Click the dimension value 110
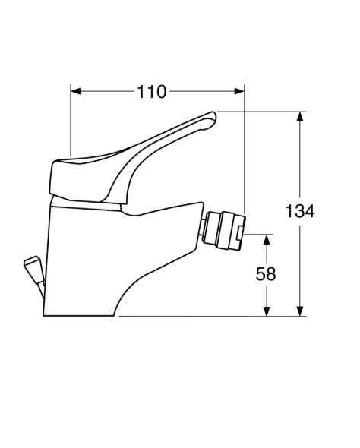(x=151, y=92)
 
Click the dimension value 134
(x=300, y=211)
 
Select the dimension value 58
(x=266, y=274)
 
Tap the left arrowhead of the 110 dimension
(x=75, y=91)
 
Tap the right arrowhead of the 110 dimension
(x=239, y=91)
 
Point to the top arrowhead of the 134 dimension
(x=300, y=116)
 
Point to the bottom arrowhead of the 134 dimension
(x=300, y=311)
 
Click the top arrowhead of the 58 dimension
(x=267, y=239)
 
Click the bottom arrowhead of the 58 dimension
(x=267, y=311)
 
